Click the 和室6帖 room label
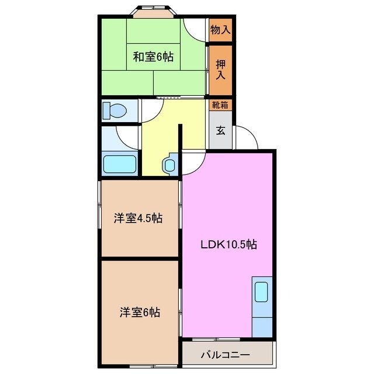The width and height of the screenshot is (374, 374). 153,57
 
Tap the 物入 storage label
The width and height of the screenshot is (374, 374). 220,29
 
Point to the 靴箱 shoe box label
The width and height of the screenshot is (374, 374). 220,105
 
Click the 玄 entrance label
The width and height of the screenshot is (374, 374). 220,130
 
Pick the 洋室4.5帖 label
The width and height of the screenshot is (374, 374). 138,219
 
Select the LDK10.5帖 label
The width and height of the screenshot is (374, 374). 228,245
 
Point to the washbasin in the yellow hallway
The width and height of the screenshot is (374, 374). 169,165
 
